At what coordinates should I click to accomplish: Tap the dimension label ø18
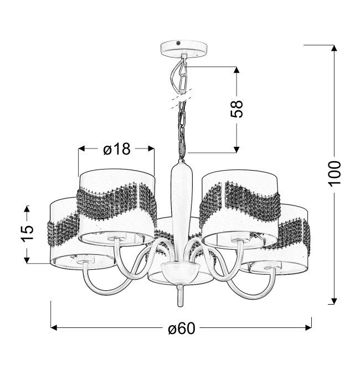tap(117, 149)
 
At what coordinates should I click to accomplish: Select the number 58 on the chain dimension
tap(236, 109)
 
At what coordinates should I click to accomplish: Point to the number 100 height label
tap(334, 173)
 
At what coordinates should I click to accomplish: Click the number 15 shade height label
tap(27, 233)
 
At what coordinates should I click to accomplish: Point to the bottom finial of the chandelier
tap(181, 296)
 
